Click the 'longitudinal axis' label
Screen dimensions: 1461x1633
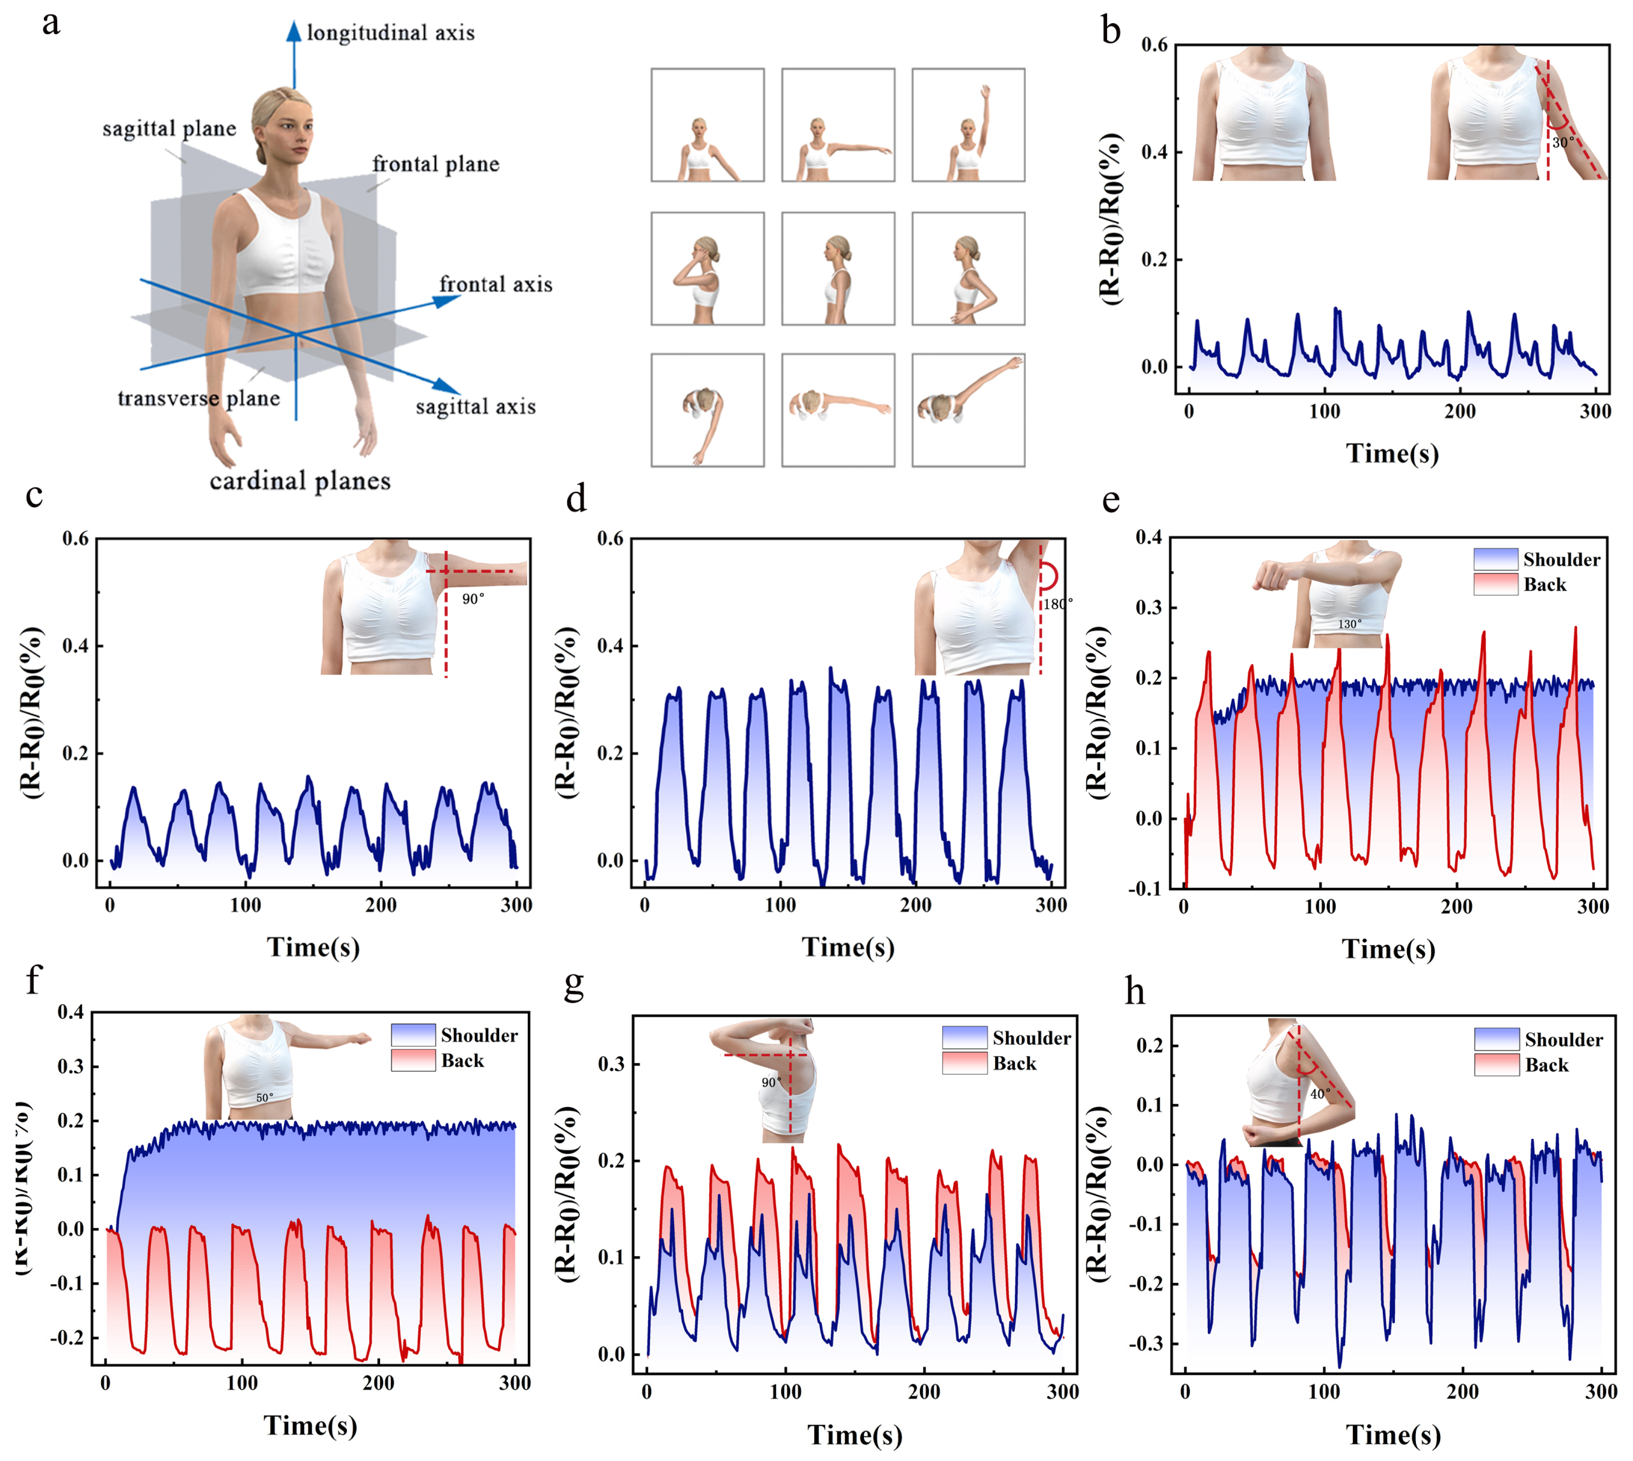pos(391,33)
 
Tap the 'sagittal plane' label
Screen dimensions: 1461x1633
pos(169,128)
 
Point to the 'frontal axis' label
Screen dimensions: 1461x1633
pos(496,284)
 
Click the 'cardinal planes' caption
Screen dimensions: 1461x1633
pos(300,481)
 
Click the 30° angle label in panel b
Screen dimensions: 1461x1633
pos(1562,143)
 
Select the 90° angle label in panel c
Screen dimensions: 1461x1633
pos(473,599)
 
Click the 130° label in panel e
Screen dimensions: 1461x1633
pos(1350,624)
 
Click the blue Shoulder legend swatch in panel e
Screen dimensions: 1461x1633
pos(1496,559)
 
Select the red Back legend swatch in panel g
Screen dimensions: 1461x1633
pos(964,1064)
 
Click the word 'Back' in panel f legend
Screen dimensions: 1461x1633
pos(462,1061)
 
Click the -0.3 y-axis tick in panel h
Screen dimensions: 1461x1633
pos(1145,1344)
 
